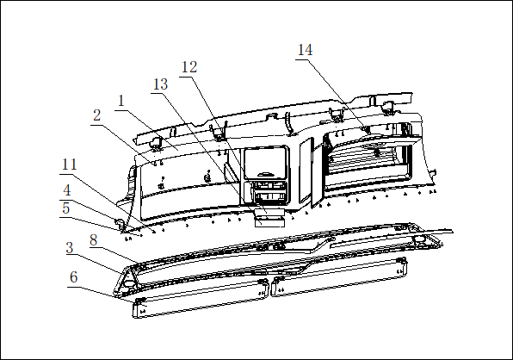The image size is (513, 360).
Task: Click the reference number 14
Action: point(305,50)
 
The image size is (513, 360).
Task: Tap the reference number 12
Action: point(189,67)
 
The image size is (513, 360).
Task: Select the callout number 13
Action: point(161,84)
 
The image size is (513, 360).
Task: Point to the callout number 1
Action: point(121,101)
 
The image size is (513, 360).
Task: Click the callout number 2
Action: point(97,115)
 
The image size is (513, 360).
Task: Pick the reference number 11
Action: point(70,164)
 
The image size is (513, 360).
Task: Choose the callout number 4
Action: point(67,190)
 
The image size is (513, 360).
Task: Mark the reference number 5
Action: point(66,208)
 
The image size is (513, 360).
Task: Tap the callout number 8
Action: point(94,240)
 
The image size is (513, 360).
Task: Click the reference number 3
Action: point(70,248)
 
